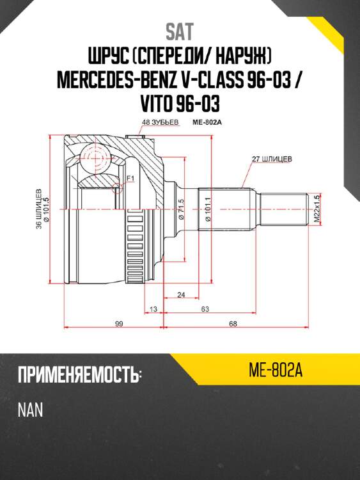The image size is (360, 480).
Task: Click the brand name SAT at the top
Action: coord(180,30)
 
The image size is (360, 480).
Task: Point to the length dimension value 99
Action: coord(119,324)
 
